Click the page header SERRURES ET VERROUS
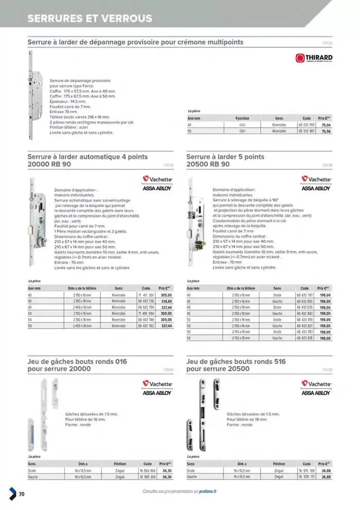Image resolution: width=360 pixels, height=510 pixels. coord(90,19)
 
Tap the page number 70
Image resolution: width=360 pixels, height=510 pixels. coord(22,494)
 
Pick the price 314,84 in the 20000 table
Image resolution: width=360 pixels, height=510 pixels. coord(166,302)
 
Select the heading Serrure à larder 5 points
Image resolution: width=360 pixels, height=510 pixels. coord(225,156)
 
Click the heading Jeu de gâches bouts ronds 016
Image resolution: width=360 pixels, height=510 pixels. coord(77,361)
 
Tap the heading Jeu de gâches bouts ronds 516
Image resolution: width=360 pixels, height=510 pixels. coord(236,361)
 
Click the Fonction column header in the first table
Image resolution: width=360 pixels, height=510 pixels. coord(242,118)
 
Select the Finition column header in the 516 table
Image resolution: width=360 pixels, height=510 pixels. coord(279,464)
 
